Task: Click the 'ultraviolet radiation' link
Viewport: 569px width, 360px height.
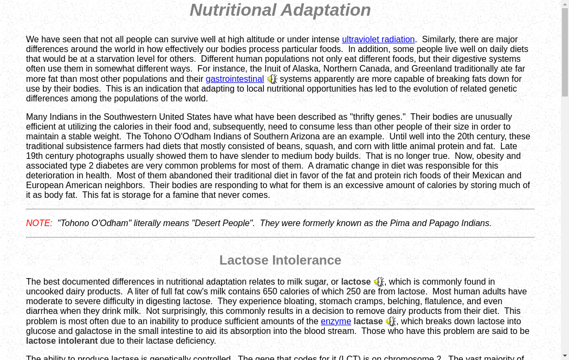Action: [x=378, y=40]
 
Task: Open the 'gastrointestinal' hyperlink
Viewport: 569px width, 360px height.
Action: [x=235, y=79]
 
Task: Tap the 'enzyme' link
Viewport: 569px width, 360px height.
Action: [x=335, y=322]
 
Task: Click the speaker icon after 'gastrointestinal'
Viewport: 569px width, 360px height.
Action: [x=272, y=79]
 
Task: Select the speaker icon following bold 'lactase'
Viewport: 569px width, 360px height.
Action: [x=391, y=322]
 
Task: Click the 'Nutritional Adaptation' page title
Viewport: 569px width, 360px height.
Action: [x=280, y=10]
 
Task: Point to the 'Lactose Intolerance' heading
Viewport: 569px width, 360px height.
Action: [x=280, y=260]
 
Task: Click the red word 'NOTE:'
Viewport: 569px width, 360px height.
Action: [x=39, y=223]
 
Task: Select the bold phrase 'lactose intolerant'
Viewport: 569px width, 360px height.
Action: [x=62, y=341]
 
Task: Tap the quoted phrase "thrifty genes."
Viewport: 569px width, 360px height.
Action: [x=378, y=117]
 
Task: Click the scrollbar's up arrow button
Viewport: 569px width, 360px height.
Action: [x=565, y=4]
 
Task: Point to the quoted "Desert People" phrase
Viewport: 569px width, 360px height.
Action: [x=223, y=223]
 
